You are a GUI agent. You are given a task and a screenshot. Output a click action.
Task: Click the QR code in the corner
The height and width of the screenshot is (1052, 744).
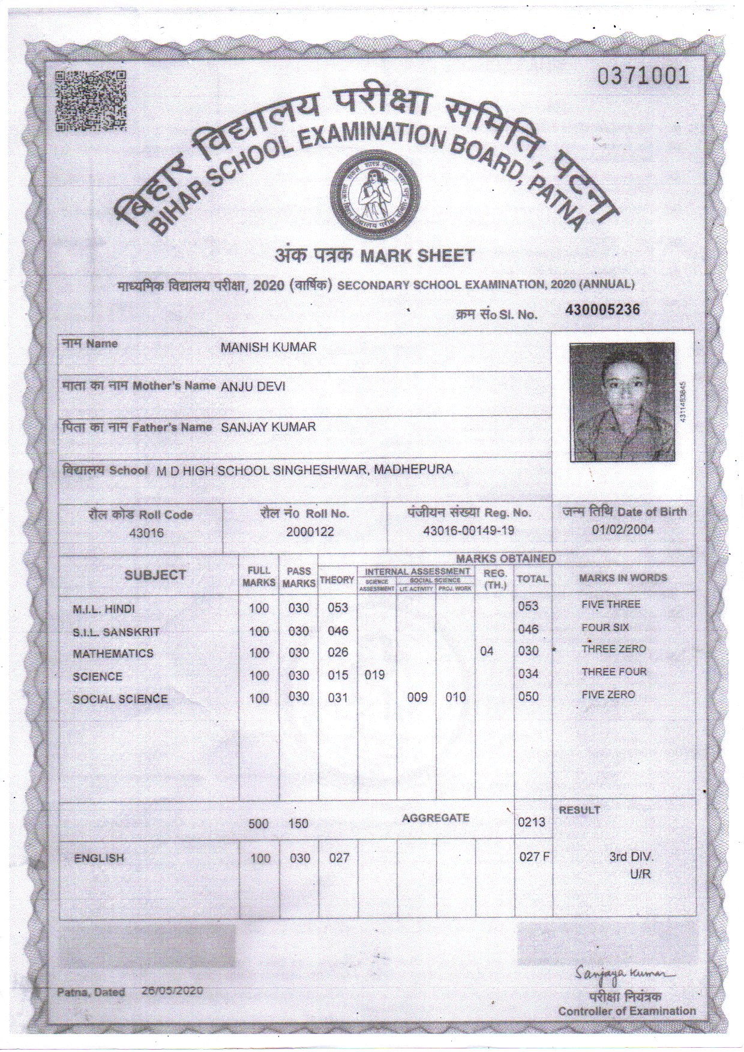pos(91,101)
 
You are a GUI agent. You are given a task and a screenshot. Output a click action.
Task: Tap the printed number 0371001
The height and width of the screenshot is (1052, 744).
pos(642,76)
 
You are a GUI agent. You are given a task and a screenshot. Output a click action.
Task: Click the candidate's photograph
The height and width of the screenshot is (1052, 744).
pos(622,403)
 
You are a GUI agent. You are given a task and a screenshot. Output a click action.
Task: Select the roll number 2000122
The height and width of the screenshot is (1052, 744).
pos(310,532)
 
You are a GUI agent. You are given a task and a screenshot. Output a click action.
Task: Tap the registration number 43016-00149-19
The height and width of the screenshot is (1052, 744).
pos(469,531)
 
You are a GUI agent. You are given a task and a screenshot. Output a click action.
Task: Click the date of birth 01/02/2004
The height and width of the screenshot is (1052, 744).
pos(623,529)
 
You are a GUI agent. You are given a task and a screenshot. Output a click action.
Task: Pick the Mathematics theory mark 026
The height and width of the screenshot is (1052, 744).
pos(338,652)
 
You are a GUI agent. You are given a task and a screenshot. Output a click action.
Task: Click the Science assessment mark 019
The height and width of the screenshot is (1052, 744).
pos(374,675)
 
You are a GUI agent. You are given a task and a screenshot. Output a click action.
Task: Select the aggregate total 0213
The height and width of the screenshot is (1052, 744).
pos(531,822)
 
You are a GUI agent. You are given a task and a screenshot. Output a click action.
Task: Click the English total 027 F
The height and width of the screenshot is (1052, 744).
pos(533,857)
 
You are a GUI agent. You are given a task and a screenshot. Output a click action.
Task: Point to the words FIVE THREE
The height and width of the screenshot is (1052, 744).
pos(611,604)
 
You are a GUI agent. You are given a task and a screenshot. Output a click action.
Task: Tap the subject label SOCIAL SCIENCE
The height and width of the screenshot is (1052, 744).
pos(120,699)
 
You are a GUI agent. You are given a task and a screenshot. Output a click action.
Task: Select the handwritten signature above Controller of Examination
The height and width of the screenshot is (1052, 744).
pos(624,972)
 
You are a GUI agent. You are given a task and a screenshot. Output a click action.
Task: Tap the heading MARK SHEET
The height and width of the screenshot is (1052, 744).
pos(416,256)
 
